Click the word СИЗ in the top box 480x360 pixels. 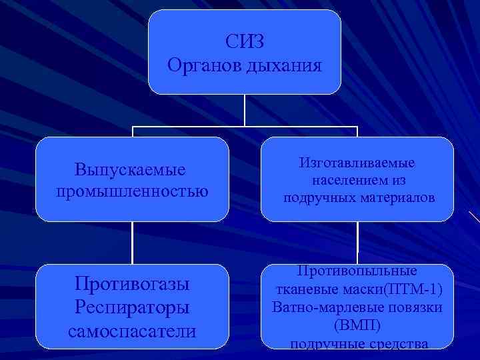pos(245,41)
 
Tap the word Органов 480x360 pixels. pos(203,66)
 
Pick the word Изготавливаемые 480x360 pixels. pos(357,163)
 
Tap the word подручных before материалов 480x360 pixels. pos(319,198)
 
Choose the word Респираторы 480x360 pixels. pos(133,307)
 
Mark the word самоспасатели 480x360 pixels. pos(133,331)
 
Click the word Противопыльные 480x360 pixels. pos(357,271)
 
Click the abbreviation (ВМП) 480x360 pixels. pos(357,326)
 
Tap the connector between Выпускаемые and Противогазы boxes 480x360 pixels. pos(132,243)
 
